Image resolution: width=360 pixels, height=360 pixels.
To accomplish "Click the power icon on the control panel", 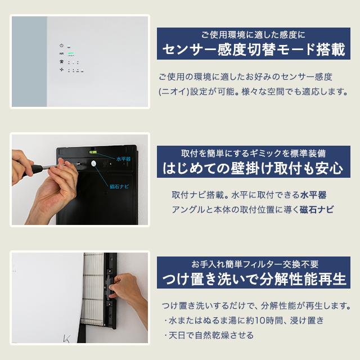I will click(61, 46).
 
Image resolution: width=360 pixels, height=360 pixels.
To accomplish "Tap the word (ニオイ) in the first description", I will click(172, 91).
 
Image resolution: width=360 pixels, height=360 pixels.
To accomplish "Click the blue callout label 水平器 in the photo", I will click(123, 159).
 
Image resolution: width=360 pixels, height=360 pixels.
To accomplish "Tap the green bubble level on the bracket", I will click(93, 152).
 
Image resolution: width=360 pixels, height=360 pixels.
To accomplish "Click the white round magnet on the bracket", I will click(93, 164).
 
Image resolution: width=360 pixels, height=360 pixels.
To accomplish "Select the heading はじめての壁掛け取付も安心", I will click(253, 168).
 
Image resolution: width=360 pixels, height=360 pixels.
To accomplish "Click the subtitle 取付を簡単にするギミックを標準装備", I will click(253, 153).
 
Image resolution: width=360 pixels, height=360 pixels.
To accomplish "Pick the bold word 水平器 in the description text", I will click(313, 195).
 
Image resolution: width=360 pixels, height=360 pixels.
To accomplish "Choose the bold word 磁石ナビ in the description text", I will click(318, 210).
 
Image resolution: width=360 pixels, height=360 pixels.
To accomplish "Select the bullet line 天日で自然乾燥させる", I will click(209, 335).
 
